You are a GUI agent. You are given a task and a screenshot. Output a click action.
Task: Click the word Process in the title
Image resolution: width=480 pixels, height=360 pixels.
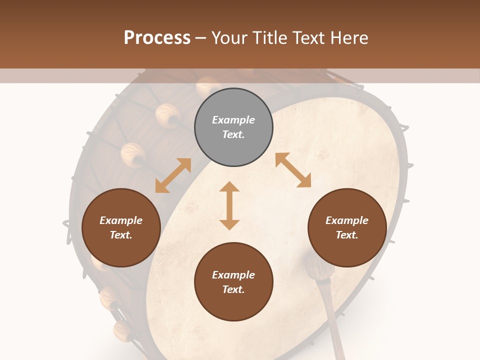157,38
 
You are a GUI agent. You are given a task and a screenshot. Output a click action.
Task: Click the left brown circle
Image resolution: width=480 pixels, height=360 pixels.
121,227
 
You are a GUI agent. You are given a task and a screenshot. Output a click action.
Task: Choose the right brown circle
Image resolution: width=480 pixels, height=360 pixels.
347,227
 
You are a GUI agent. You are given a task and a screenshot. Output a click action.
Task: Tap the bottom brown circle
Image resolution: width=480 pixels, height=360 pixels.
233,281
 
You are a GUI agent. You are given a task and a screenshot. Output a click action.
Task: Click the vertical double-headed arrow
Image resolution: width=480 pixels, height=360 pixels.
229,205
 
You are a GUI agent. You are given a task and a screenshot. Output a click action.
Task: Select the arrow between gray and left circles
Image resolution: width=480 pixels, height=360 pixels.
173,175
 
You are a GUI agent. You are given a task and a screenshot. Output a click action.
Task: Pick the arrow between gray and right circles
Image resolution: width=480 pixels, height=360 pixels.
293,170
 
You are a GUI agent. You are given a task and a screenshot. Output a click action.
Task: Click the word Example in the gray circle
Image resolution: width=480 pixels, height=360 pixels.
233,120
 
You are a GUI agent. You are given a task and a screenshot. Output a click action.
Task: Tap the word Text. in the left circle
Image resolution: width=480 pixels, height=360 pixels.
121,235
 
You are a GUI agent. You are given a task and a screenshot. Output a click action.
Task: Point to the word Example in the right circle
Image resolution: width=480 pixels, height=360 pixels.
347,220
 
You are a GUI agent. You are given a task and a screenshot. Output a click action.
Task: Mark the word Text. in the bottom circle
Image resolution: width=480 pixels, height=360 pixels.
233,289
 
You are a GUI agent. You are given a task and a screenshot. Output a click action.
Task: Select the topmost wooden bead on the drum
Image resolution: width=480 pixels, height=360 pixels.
207,86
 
